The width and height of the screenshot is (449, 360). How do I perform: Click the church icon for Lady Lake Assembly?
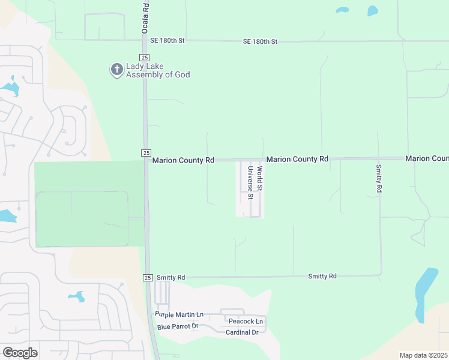pyautogui.click(x=116, y=70)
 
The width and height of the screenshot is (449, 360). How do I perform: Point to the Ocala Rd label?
pyautogui.click(x=145, y=18)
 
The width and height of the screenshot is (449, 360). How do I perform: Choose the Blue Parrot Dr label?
pyautogui.click(x=178, y=326)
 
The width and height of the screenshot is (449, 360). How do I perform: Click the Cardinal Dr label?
pyautogui.click(x=242, y=332)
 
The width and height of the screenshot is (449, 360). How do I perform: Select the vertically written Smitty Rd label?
pyautogui.click(x=379, y=178)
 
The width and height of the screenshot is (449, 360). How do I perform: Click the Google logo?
pyautogui.click(x=20, y=353)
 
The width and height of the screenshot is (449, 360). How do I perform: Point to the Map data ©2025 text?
pyautogui.click(x=424, y=355)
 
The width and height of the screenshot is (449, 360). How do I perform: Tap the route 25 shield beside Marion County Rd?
pyautogui.click(x=146, y=154)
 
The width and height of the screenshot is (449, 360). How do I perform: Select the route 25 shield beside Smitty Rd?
pyautogui.click(x=148, y=277)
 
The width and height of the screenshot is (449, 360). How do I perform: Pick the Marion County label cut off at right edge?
pyautogui.click(x=427, y=158)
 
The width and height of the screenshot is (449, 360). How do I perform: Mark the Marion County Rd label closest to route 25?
pyautogui.click(x=183, y=160)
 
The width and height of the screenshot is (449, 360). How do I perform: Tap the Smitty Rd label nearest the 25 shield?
pyautogui.click(x=170, y=277)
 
